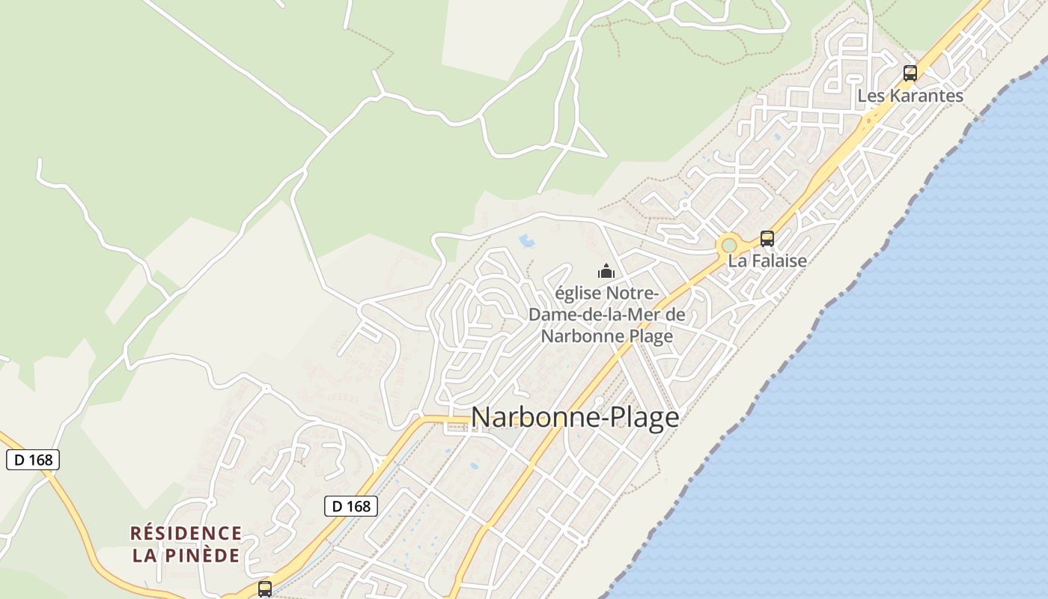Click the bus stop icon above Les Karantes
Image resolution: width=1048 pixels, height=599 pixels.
pos(910,73)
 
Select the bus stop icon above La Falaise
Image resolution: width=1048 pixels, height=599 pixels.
pos(767,239)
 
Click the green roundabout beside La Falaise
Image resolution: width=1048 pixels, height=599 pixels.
pos(728,246)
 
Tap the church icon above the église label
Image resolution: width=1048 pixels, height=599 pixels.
pos(606,271)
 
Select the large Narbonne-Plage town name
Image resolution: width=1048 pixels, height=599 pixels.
pos(575,417)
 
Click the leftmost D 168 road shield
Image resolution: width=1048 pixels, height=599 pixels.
pos(33,460)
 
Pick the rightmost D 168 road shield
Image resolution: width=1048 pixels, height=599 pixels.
pos(351,506)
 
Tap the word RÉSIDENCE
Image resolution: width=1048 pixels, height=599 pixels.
pos(186,533)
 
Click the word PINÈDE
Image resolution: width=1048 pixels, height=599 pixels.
pos(204,556)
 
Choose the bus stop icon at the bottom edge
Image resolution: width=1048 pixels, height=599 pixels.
pos(265,589)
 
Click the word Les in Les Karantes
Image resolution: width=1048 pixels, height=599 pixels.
pos(871,96)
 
